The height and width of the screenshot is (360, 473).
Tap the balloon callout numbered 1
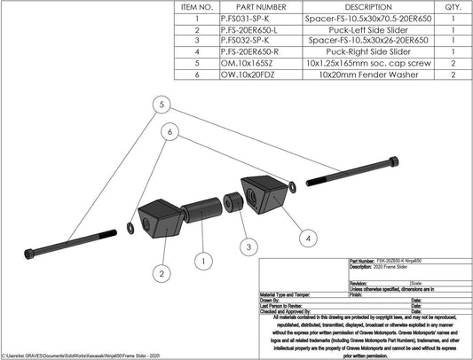[x=203, y=262]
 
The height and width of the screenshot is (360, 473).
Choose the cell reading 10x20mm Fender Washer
[x=367, y=76]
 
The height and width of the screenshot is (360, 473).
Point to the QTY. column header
[x=455, y=5]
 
